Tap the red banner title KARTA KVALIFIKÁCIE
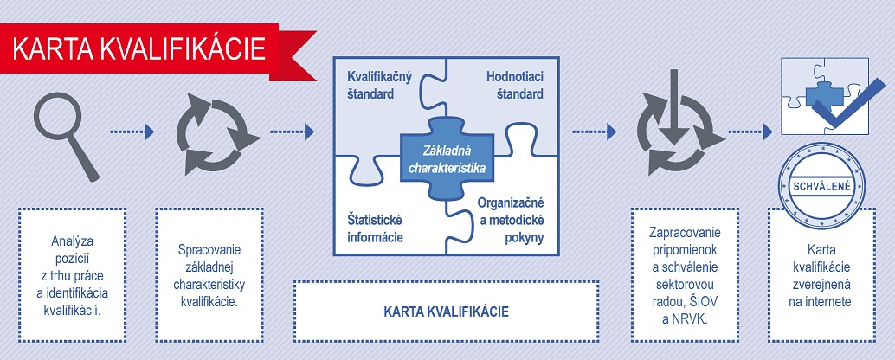tap(138, 49)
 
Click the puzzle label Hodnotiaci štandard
tap(514, 86)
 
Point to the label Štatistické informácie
tap(375, 228)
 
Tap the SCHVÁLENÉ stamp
tap(822, 186)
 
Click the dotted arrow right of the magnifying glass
tap(132, 132)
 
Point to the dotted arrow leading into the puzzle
tap(293, 132)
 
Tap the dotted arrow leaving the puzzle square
tap(594, 132)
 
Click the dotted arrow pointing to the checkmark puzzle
tap(750, 132)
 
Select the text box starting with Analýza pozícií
tap(72, 275)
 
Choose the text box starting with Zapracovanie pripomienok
tap(685, 275)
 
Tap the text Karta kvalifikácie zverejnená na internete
tap(821, 276)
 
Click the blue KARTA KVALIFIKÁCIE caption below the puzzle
tap(447, 312)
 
